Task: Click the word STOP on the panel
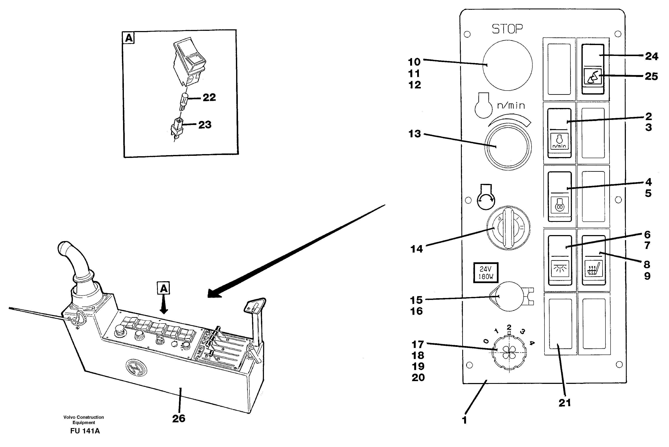pyautogui.click(x=507, y=29)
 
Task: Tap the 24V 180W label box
pyautogui.click(x=486, y=272)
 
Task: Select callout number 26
pyautogui.click(x=179, y=419)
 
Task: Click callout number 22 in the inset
pyautogui.click(x=209, y=98)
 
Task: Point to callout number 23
pyautogui.click(x=205, y=125)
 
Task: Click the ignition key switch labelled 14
pyautogui.click(x=508, y=228)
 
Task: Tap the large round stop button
pyautogui.click(x=507, y=65)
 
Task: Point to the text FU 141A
pyautogui.click(x=85, y=431)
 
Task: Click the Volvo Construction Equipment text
pyautogui.click(x=84, y=420)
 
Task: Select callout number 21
pyautogui.click(x=565, y=403)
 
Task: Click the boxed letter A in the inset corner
pyautogui.click(x=129, y=38)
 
